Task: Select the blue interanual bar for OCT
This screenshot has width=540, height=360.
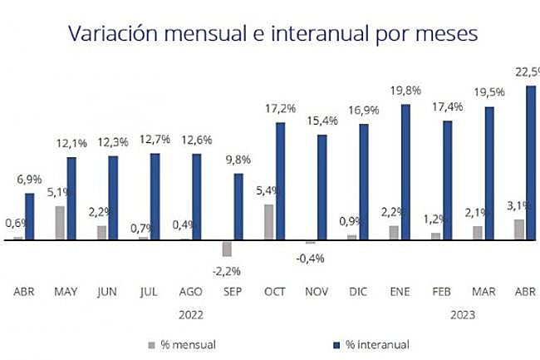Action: point(281,181)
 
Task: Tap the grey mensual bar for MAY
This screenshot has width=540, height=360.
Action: point(60,223)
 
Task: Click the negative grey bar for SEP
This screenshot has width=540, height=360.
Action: point(226,249)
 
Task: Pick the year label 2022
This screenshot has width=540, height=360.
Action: point(190,315)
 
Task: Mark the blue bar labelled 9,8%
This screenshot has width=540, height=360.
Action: point(238,207)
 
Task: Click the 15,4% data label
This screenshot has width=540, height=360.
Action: point(324,121)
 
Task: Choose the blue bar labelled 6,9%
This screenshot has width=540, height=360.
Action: point(30,217)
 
